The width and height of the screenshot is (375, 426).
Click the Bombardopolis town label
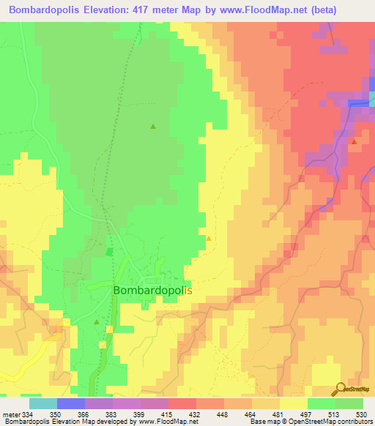(152, 291)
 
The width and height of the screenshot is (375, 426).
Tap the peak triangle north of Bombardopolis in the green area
(153, 127)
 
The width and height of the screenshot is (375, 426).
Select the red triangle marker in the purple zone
(354, 141)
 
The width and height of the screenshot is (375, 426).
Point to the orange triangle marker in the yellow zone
(209, 238)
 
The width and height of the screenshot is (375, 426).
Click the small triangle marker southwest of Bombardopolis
(97, 321)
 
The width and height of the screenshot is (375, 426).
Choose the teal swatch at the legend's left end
(43, 403)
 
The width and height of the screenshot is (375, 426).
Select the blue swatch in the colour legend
(71, 403)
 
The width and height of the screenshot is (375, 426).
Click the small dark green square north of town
(110, 252)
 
